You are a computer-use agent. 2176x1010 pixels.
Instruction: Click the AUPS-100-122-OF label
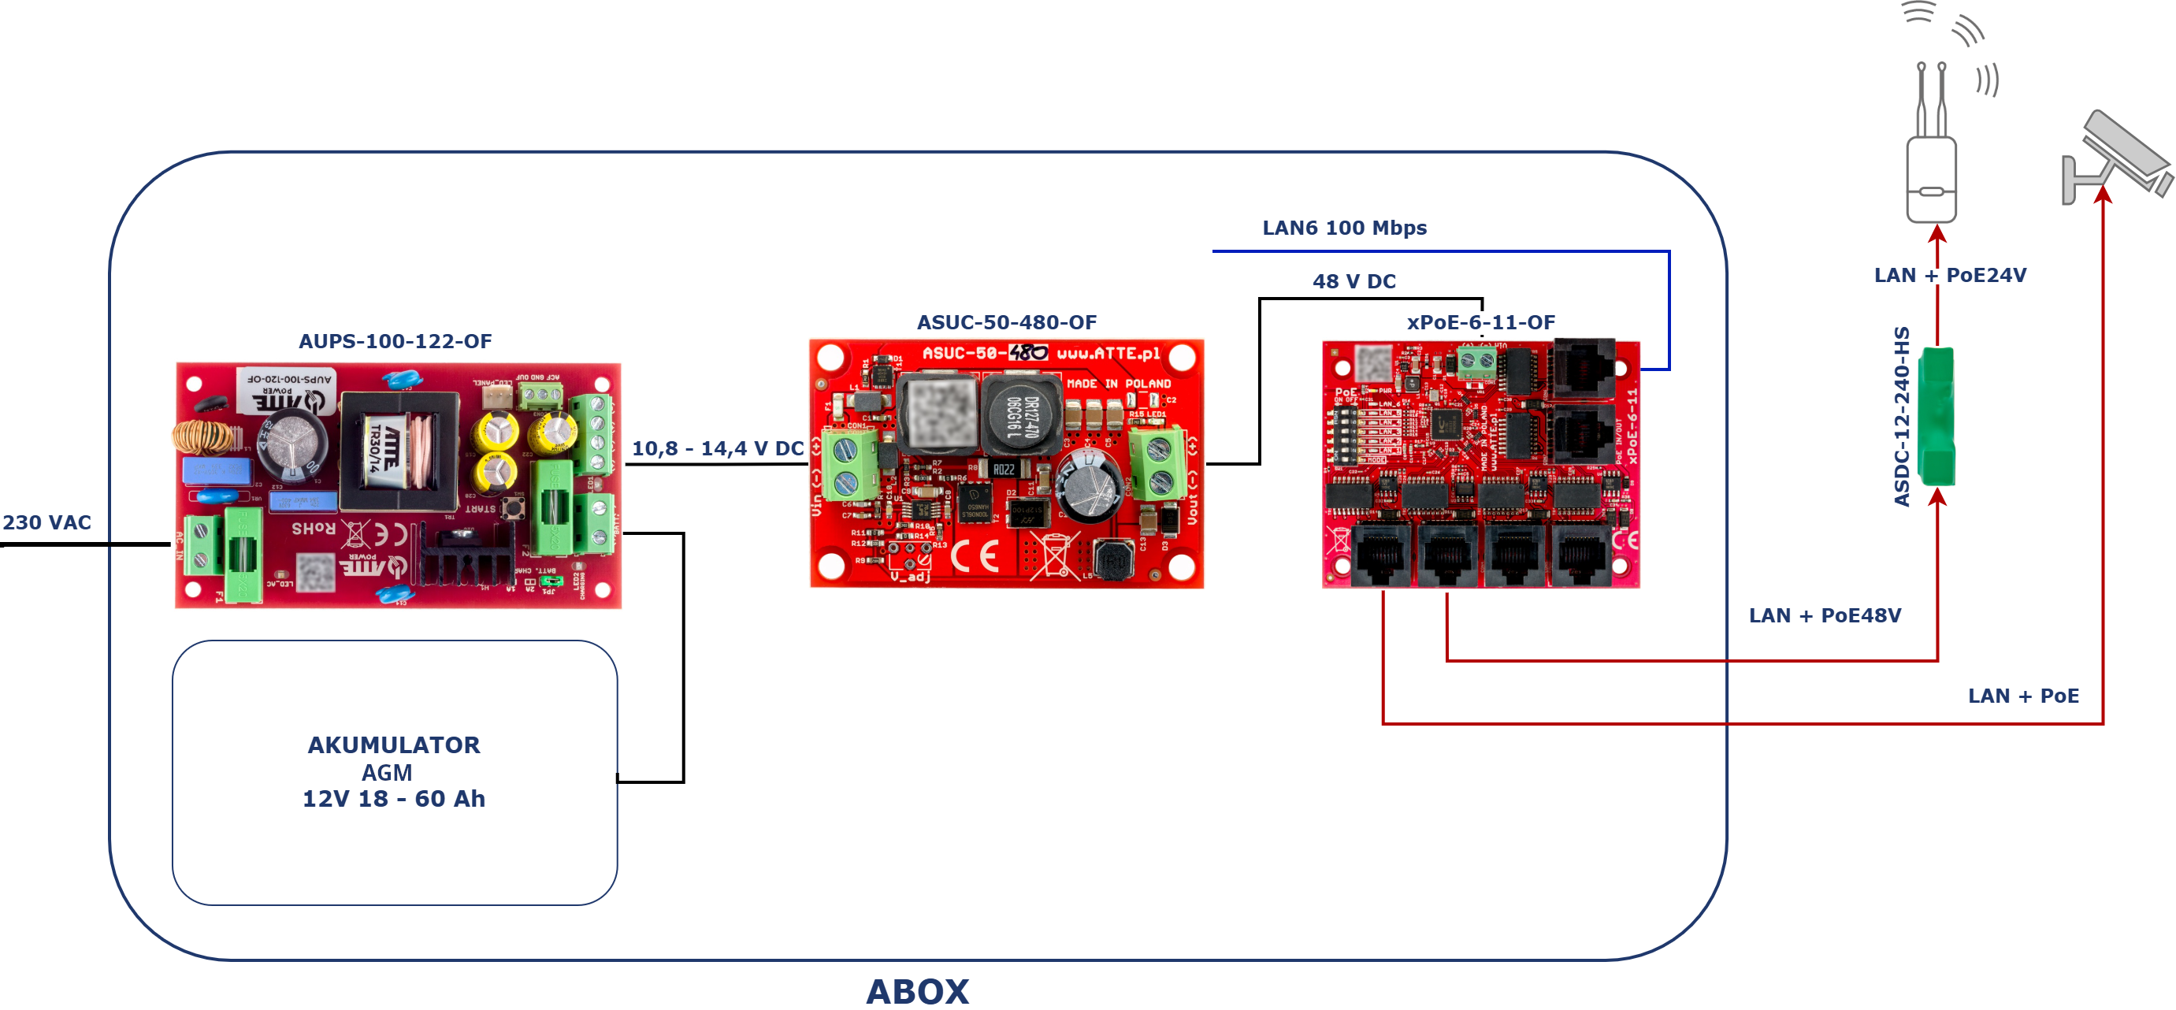(395, 341)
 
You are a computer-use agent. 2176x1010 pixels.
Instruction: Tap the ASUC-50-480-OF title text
(1006, 321)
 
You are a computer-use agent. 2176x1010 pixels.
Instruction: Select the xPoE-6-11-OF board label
(1480, 321)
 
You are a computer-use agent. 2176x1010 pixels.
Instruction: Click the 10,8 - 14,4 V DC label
(717, 448)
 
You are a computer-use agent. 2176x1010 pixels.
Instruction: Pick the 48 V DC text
(1354, 281)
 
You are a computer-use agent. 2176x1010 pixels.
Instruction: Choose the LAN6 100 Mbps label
(1344, 228)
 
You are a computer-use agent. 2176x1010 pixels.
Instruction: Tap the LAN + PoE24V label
(1950, 275)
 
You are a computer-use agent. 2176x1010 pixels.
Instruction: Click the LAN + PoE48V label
(1825, 615)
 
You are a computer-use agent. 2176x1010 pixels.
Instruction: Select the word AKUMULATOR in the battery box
(394, 745)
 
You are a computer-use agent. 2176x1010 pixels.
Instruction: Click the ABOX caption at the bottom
(917, 990)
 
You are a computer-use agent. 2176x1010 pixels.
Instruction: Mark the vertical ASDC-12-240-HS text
(1902, 416)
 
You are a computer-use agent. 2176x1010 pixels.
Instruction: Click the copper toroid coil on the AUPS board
(202, 436)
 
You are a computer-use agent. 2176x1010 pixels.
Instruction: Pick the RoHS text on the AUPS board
(314, 529)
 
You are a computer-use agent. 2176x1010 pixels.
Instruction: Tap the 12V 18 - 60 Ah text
(394, 799)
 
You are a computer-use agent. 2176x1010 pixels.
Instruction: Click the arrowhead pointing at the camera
(2103, 195)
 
